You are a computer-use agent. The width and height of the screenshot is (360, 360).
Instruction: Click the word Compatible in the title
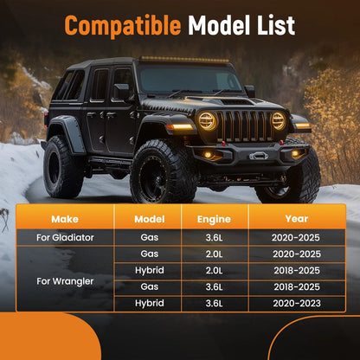pyautogui.click(x=123, y=25)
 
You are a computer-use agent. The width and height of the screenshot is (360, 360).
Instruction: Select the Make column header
pyautogui.click(x=65, y=219)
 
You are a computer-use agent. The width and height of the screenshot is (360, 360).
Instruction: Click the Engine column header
pyautogui.click(x=214, y=220)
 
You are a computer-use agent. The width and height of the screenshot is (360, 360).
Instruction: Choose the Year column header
pyautogui.click(x=297, y=219)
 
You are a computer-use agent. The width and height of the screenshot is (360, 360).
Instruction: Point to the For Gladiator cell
pyautogui.click(x=65, y=237)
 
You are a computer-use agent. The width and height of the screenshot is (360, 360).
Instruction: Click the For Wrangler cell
pyautogui.click(x=65, y=281)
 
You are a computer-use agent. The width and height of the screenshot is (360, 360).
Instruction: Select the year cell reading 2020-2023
pyautogui.click(x=297, y=303)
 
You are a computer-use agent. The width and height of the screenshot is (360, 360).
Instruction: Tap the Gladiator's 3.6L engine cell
pyautogui.click(x=214, y=238)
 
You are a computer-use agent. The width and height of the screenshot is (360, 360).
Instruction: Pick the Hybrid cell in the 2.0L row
pyautogui.click(x=150, y=270)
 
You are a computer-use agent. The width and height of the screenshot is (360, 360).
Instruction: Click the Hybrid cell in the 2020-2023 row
pyautogui.click(x=150, y=303)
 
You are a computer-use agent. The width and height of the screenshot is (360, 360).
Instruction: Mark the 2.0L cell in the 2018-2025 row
pyautogui.click(x=214, y=271)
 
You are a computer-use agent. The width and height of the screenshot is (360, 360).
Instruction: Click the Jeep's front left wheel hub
pyautogui.click(x=152, y=176)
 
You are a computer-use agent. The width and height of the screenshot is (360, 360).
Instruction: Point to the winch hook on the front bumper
pyautogui.click(x=259, y=156)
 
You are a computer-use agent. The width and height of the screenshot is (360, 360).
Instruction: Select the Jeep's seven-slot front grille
pyautogui.click(x=245, y=126)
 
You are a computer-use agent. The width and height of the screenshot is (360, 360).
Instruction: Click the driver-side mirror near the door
pyautogui.click(x=121, y=93)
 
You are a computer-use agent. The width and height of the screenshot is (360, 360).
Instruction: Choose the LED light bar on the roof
pyautogui.click(x=184, y=60)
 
